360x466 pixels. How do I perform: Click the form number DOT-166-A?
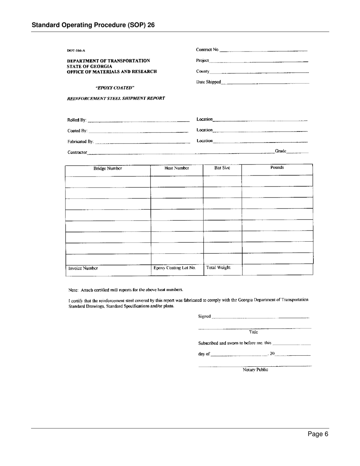[76, 50]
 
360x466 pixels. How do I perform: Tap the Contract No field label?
[207, 50]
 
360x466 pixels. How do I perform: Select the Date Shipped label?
[208, 82]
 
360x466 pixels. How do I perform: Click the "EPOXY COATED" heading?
[115, 88]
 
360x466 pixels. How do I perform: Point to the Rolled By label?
[77, 120]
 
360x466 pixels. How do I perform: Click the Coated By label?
[77, 131]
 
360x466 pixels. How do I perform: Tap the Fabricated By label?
[80, 142]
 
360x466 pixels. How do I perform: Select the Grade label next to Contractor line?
[280, 151]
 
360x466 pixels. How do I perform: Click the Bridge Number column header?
[108, 169]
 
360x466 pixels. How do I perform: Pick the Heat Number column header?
[177, 168]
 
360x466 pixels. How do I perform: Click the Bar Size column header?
[222, 167]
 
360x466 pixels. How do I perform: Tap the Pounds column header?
[277, 167]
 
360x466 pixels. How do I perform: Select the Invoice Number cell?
[83, 268]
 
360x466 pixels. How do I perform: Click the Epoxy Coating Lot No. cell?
[174, 267]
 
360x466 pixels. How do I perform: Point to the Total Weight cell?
[218, 267]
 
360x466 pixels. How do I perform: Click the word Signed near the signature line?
[204, 316]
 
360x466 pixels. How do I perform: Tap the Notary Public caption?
[255, 370]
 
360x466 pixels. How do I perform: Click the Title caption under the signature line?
[253, 332]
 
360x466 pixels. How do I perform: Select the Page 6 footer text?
[318, 434]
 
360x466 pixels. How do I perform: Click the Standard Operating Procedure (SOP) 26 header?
[93, 25]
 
